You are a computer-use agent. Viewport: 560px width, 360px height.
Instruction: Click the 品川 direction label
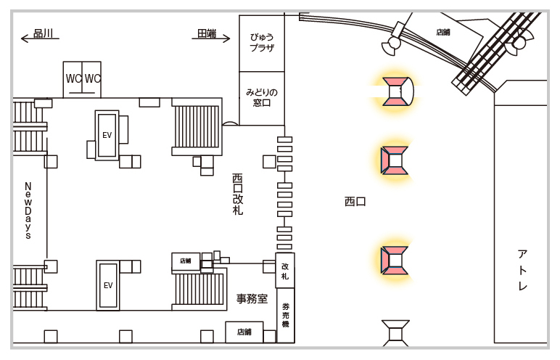coord(43,33)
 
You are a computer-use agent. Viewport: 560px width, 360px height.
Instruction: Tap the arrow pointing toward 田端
coord(211,38)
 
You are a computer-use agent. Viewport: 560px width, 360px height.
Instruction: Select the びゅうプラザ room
coord(262,43)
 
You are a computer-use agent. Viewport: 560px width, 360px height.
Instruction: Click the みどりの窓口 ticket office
coord(262,98)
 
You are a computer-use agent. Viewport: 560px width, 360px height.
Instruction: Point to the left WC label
coord(73,78)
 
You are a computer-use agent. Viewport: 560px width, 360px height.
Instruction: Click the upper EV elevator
coord(107,136)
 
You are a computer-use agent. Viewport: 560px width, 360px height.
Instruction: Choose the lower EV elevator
coord(108,285)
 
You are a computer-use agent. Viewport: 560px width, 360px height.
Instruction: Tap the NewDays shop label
coord(28,210)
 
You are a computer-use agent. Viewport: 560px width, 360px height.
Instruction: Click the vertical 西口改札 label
coord(238,194)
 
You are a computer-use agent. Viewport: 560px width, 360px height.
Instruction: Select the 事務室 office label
coord(252,298)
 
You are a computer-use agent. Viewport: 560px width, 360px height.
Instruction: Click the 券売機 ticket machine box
coord(285,315)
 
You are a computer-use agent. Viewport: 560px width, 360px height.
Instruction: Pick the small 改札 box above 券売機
coord(285,271)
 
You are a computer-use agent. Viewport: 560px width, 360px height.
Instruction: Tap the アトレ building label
coord(522,270)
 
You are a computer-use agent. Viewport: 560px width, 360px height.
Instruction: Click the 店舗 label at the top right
coord(443,32)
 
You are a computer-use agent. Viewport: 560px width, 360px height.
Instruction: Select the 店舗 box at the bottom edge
coord(244,332)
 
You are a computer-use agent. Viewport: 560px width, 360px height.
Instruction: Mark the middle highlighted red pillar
coord(395,160)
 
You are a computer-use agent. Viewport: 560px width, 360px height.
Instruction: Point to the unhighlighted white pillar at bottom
coord(395,334)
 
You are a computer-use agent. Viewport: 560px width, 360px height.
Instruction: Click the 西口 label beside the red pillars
coord(355,201)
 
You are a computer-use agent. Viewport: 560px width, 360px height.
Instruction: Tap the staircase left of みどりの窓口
coord(197,126)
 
